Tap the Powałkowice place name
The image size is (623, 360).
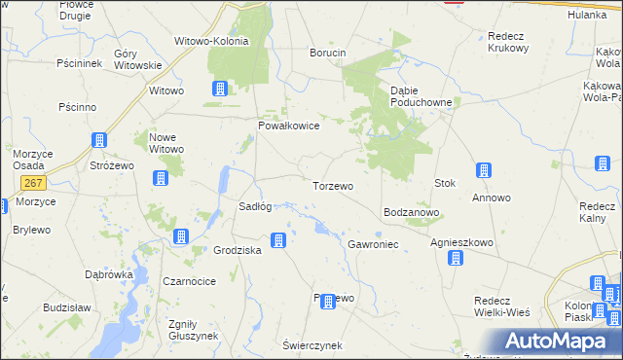pos(288,126)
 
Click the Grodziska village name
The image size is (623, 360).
pos(238,250)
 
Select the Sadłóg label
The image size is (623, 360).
pos(255,206)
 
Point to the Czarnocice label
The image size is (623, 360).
pos(188,281)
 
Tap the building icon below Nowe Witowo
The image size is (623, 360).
pos(160,178)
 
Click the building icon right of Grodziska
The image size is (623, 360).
pos(278,239)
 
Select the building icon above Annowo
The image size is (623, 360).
pos(484,171)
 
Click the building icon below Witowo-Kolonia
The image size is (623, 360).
pos(220,90)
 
